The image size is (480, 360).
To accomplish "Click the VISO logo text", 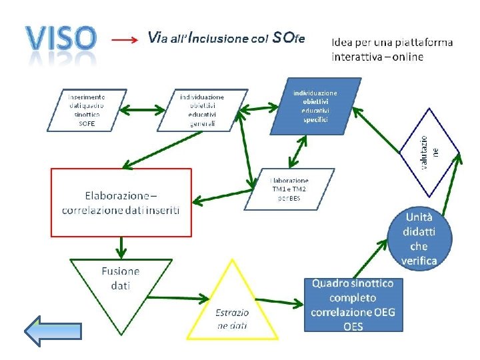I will click(59, 39).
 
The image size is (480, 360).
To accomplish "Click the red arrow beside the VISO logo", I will click(125, 40).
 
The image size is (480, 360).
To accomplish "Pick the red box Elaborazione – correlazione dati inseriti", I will click(121, 202).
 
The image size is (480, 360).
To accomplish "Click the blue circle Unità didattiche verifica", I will click(419, 238).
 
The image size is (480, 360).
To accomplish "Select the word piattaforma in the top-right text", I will click(419, 43).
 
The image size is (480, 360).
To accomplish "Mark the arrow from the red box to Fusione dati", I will click(121, 247).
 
